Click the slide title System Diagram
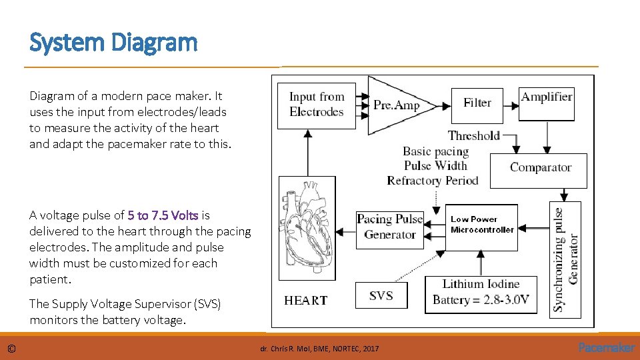click(113, 43)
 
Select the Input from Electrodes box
click(316, 105)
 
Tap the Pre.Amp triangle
click(393, 105)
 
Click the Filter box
click(477, 103)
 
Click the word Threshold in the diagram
click(473, 136)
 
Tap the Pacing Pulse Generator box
click(390, 227)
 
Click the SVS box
click(381, 295)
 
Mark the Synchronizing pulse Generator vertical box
click(566, 259)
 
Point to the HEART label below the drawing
click(305, 301)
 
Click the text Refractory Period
click(432, 181)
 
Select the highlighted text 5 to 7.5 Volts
click(163, 215)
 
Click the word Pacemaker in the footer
click(607, 348)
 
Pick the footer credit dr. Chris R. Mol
click(319, 349)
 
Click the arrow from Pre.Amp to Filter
click(443, 105)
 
